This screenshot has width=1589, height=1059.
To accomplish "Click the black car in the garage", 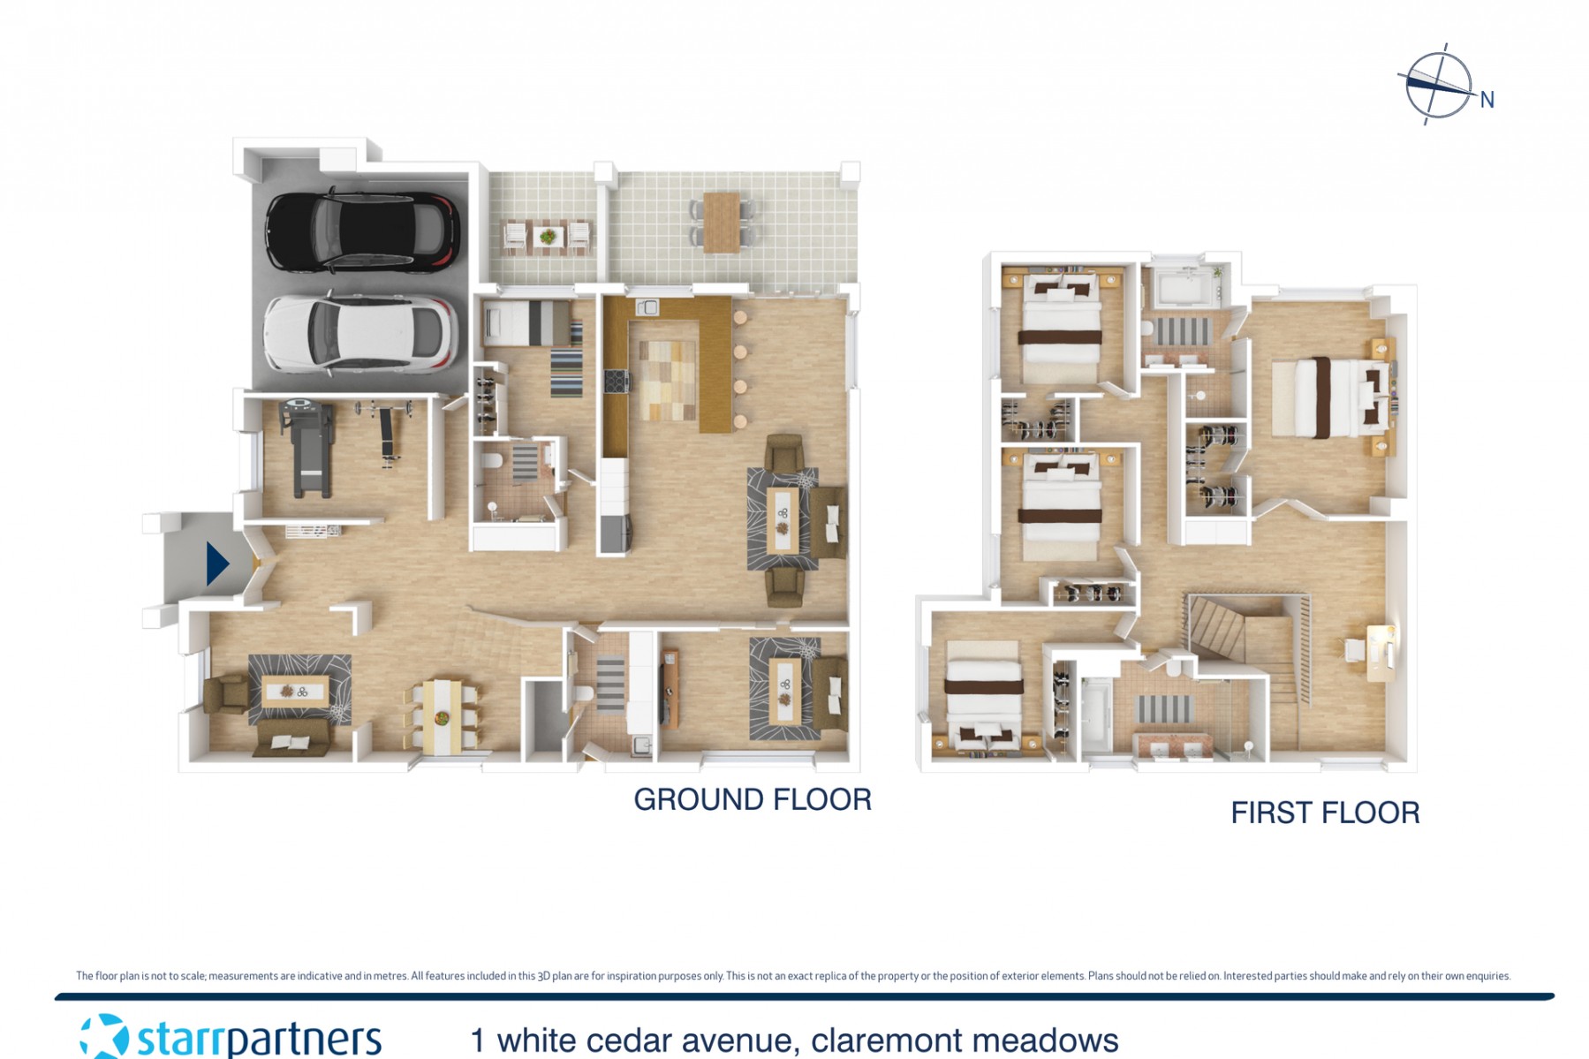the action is [363, 231].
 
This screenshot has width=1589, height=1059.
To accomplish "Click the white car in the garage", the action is [361, 333].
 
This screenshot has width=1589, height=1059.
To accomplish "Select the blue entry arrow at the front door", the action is [217, 564].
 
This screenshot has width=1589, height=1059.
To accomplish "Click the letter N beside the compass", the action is [1487, 100].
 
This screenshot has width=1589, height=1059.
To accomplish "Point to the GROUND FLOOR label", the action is [753, 799].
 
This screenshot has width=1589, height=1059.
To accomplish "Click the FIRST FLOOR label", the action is [1325, 813].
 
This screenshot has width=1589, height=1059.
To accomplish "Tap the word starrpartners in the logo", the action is [259, 1039].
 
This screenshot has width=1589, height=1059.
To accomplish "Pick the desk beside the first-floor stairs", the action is [1379, 652].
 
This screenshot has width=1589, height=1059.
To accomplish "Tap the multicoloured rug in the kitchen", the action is [668, 380].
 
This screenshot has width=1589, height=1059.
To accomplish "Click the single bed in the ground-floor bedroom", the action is [527, 323].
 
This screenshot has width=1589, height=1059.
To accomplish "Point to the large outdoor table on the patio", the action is [722, 222].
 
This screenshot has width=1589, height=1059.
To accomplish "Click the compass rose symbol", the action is [1438, 85].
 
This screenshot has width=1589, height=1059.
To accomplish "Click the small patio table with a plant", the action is [548, 237].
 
